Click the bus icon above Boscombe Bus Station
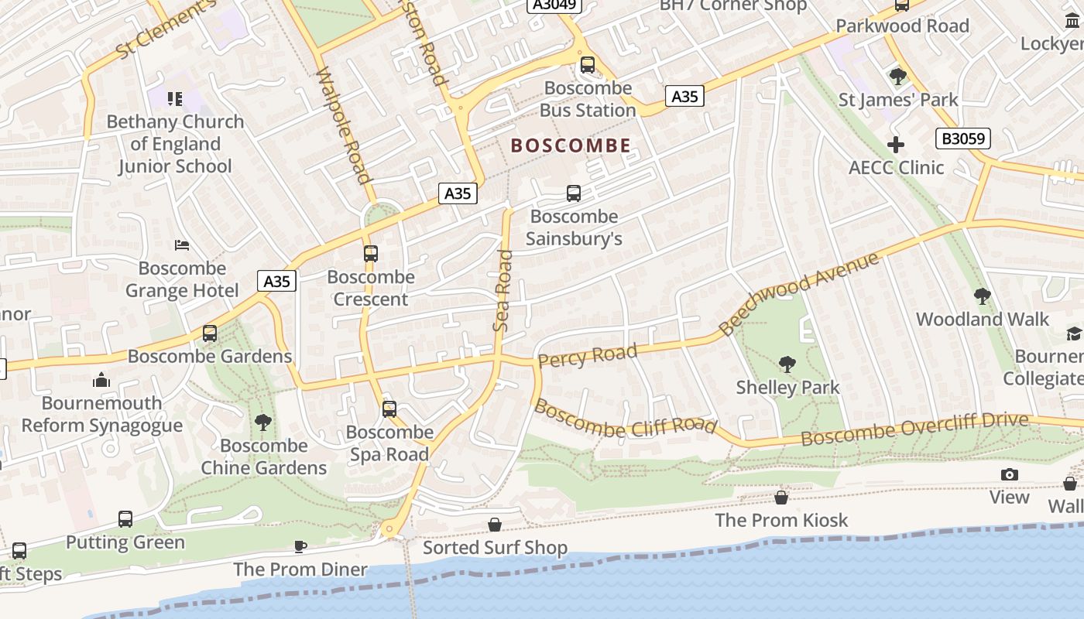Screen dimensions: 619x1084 pos(588,65)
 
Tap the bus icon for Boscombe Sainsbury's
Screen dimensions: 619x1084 pos(573,193)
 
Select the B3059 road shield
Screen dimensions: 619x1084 pos(963,139)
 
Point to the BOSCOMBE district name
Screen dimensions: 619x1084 pos(571,145)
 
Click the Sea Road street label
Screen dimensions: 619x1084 pos(503,290)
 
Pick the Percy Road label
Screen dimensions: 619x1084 pos(587,356)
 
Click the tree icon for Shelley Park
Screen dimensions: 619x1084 pos(787,364)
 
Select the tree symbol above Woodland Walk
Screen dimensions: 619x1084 pos(982,296)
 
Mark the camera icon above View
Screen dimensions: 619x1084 pos(1009,474)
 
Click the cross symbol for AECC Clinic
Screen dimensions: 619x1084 pos(896,145)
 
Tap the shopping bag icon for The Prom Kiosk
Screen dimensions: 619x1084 pos(781,497)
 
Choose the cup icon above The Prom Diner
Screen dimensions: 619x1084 pos(300,546)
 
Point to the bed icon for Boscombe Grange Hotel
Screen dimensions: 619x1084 pos(182,245)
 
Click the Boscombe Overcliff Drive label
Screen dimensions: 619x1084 pos(914,429)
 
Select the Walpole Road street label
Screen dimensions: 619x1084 pos(344,126)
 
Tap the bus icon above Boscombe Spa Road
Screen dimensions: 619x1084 pos(389,409)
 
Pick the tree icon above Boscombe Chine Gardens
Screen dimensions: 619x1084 pos(263,422)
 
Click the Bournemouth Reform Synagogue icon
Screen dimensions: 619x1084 pos(101,380)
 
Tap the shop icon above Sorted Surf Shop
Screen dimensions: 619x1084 pos(495,525)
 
